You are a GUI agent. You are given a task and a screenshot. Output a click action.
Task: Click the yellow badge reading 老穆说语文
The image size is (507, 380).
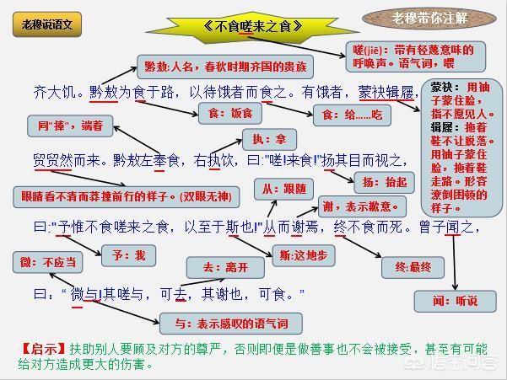pyautogui.click(x=46, y=24)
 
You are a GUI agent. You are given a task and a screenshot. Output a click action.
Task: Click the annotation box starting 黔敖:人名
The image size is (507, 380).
pyautogui.click(x=225, y=66)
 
